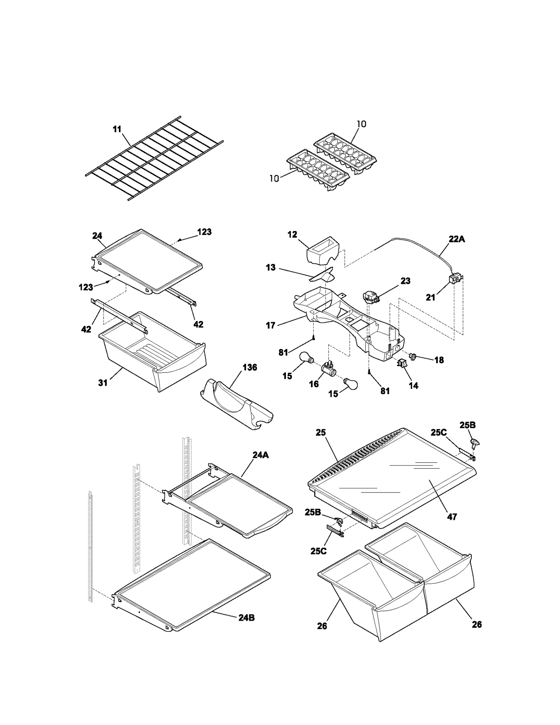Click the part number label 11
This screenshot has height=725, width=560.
click(x=117, y=129)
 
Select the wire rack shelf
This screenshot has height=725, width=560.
click(x=154, y=158)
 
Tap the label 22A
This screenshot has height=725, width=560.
click(x=457, y=239)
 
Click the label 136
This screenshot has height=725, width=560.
click(x=250, y=367)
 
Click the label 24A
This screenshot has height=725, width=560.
click(x=261, y=455)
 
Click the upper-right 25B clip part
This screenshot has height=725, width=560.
click(x=474, y=444)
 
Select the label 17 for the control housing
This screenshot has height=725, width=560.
click(x=271, y=325)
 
